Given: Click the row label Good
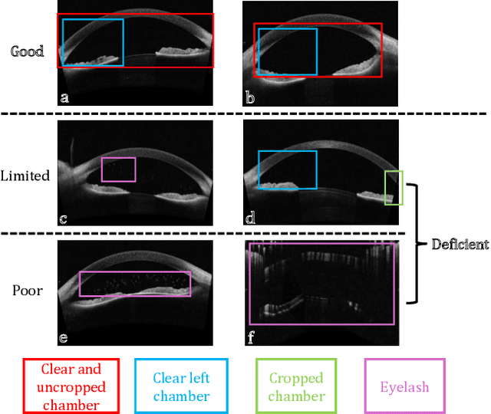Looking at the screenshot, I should pyautogui.click(x=27, y=51).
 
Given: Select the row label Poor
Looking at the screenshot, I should pyautogui.click(x=27, y=291).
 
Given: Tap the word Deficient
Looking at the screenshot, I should pyautogui.click(x=460, y=245).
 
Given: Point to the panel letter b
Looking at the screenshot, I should pyautogui.click(x=250, y=98).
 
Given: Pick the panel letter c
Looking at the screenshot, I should pyautogui.click(x=64, y=219).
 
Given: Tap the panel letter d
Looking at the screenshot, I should pyautogui.click(x=250, y=219).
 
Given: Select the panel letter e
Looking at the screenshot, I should pyautogui.click(x=64, y=337).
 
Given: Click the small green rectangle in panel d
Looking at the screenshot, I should pyautogui.click(x=393, y=188).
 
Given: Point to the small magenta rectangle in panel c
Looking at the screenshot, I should pyautogui.click(x=118, y=169).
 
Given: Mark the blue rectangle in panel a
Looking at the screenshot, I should pyautogui.click(x=92, y=43).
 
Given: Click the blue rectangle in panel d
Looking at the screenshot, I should pyautogui.click(x=287, y=169).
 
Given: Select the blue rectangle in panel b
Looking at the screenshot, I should pyautogui.click(x=287, y=53).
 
